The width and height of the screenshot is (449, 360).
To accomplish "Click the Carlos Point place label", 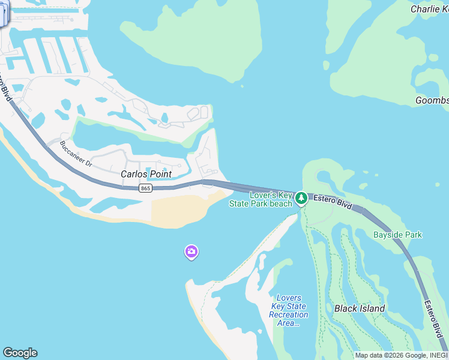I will (x=146, y=174).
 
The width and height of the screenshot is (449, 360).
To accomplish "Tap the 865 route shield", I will (x=145, y=188).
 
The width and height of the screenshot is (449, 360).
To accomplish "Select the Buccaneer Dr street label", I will (x=76, y=154).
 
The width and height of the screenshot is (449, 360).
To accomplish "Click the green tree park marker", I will (x=301, y=198).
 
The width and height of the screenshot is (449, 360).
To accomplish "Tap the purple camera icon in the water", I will (x=191, y=253).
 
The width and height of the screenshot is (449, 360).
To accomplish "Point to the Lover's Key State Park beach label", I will (x=261, y=199).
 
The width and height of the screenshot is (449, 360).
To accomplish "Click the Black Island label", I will (x=360, y=308).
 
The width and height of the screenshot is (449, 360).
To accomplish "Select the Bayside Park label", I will (x=397, y=235).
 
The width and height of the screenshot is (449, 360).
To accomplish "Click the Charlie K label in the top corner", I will (x=429, y=9).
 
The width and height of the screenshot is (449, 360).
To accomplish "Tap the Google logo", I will (x=20, y=353).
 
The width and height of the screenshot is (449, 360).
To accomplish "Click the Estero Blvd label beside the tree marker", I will (x=332, y=200).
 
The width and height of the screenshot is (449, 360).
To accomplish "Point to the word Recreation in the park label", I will (x=289, y=314).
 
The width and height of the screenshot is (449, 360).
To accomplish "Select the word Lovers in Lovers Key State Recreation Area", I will (x=289, y=298).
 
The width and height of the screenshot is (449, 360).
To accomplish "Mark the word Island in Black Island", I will (x=372, y=308).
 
